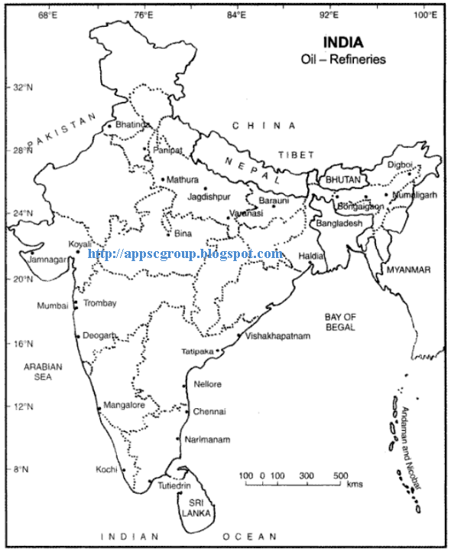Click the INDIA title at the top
click(x=343, y=42)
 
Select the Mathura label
click(x=182, y=179)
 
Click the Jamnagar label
click(x=47, y=259)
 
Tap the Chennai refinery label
click(x=209, y=411)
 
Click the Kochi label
click(x=105, y=469)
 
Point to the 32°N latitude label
click(x=23, y=87)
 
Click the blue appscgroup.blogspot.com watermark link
click(x=186, y=253)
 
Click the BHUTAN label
click(x=342, y=178)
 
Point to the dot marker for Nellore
click(x=184, y=386)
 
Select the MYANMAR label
click(x=408, y=270)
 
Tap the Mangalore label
click(x=124, y=405)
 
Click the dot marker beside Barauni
click(x=274, y=206)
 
